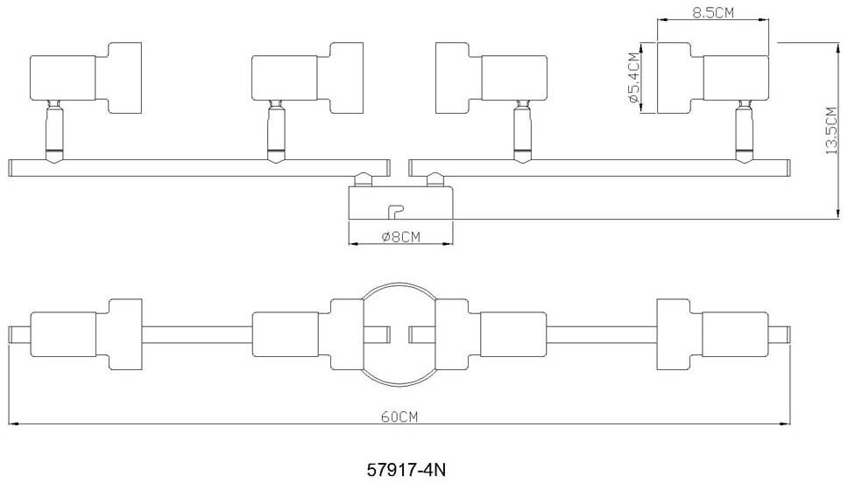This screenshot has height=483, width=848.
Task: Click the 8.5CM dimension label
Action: point(713,14)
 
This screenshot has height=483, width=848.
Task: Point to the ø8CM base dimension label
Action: point(401,236)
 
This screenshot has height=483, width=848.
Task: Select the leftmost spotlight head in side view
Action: point(85,78)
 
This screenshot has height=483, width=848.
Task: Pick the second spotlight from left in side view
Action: point(307,78)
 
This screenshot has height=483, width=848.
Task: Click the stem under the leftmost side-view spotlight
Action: point(53,131)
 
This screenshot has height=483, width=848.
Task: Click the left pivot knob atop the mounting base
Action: point(364,179)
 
